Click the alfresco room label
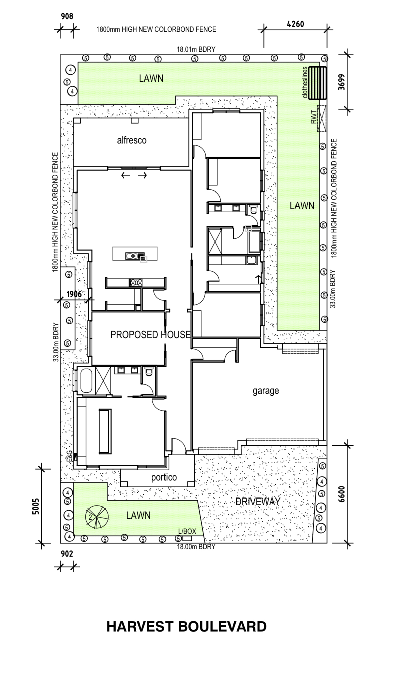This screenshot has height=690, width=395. point(132,140)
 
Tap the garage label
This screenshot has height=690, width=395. point(266,391)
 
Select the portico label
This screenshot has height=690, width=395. point(164,477)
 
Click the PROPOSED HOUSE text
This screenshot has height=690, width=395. point(150,335)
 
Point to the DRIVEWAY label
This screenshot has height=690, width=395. point(258,502)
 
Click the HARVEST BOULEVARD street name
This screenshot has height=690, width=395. point(186,627)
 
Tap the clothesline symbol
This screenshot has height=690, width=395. point(317,83)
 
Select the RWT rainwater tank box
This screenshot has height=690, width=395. point(322,119)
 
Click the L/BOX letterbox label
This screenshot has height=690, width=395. point(187,531)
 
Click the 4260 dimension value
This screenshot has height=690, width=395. point(295,24)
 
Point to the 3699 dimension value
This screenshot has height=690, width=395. point(341,82)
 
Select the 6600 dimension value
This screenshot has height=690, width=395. point(341,494)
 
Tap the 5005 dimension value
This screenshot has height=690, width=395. point(36,506)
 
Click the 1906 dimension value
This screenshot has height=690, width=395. point(74,294)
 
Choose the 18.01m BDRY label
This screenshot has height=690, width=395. point(196,49)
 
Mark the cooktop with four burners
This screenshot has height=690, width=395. point(136,283)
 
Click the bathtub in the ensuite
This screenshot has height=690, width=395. point(86,381)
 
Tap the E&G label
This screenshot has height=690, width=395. point(69,456)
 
